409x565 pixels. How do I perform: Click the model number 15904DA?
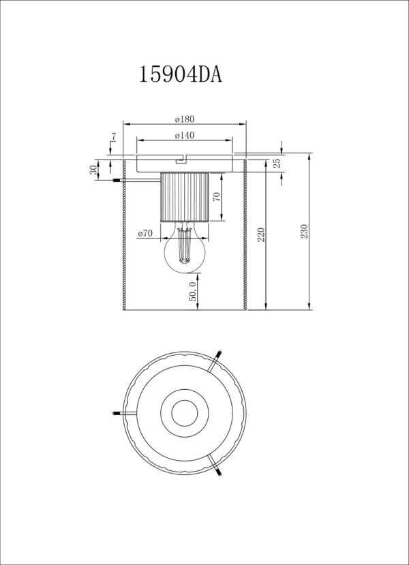pyautogui.click(x=181, y=74)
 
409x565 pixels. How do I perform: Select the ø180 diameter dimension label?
pyautogui.click(x=185, y=119)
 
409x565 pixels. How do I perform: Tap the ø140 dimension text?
pyautogui.click(x=185, y=136)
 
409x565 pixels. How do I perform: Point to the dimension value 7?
pyautogui.click(x=114, y=136)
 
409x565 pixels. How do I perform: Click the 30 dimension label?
pyautogui.click(x=93, y=170)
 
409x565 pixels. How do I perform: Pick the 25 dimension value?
pyautogui.click(x=277, y=164)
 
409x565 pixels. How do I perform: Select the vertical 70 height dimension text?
pyautogui.click(x=217, y=196)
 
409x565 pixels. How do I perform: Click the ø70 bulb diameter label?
pyautogui.click(x=145, y=234)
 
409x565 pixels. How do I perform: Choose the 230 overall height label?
pyautogui.click(x=305, y=231)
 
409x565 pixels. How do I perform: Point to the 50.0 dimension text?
pyautogui.click(x=193, y=291)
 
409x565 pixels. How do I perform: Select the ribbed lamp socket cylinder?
pyautogui.click(x=185, y=197)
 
